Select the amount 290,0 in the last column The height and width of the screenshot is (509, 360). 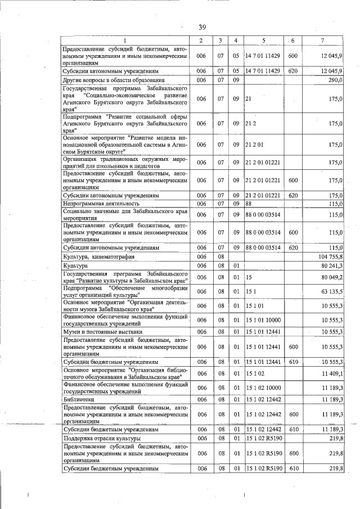click(x=336, y=80)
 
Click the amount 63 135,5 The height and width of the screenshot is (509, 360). click(x=332, y=292)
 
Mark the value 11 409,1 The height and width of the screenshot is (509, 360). click(x=332, y=373)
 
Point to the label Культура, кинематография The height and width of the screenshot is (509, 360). click(x=96, y=256)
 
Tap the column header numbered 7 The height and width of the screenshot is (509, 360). click(x=322, y=40)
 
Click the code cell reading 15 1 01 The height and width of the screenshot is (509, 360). click(x=255, y=307)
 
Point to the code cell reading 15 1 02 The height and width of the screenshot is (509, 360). click(x=255, y=373)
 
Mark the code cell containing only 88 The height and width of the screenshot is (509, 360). click(x=248, y=204)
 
